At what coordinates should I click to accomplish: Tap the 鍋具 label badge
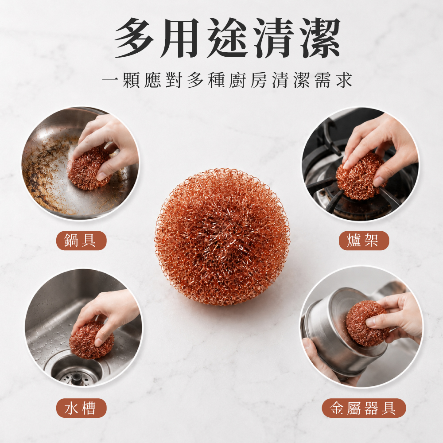point(82,241)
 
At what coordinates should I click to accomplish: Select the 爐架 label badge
point(364,241)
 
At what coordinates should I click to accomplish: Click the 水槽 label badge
point(82,408)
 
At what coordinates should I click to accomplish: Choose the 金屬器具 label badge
point(364,408)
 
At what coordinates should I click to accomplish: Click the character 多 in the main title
point(134,38)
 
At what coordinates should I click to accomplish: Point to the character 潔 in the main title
point(320,38)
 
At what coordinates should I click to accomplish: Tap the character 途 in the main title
point(227,38)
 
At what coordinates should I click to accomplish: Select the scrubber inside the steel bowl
point(367,324)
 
